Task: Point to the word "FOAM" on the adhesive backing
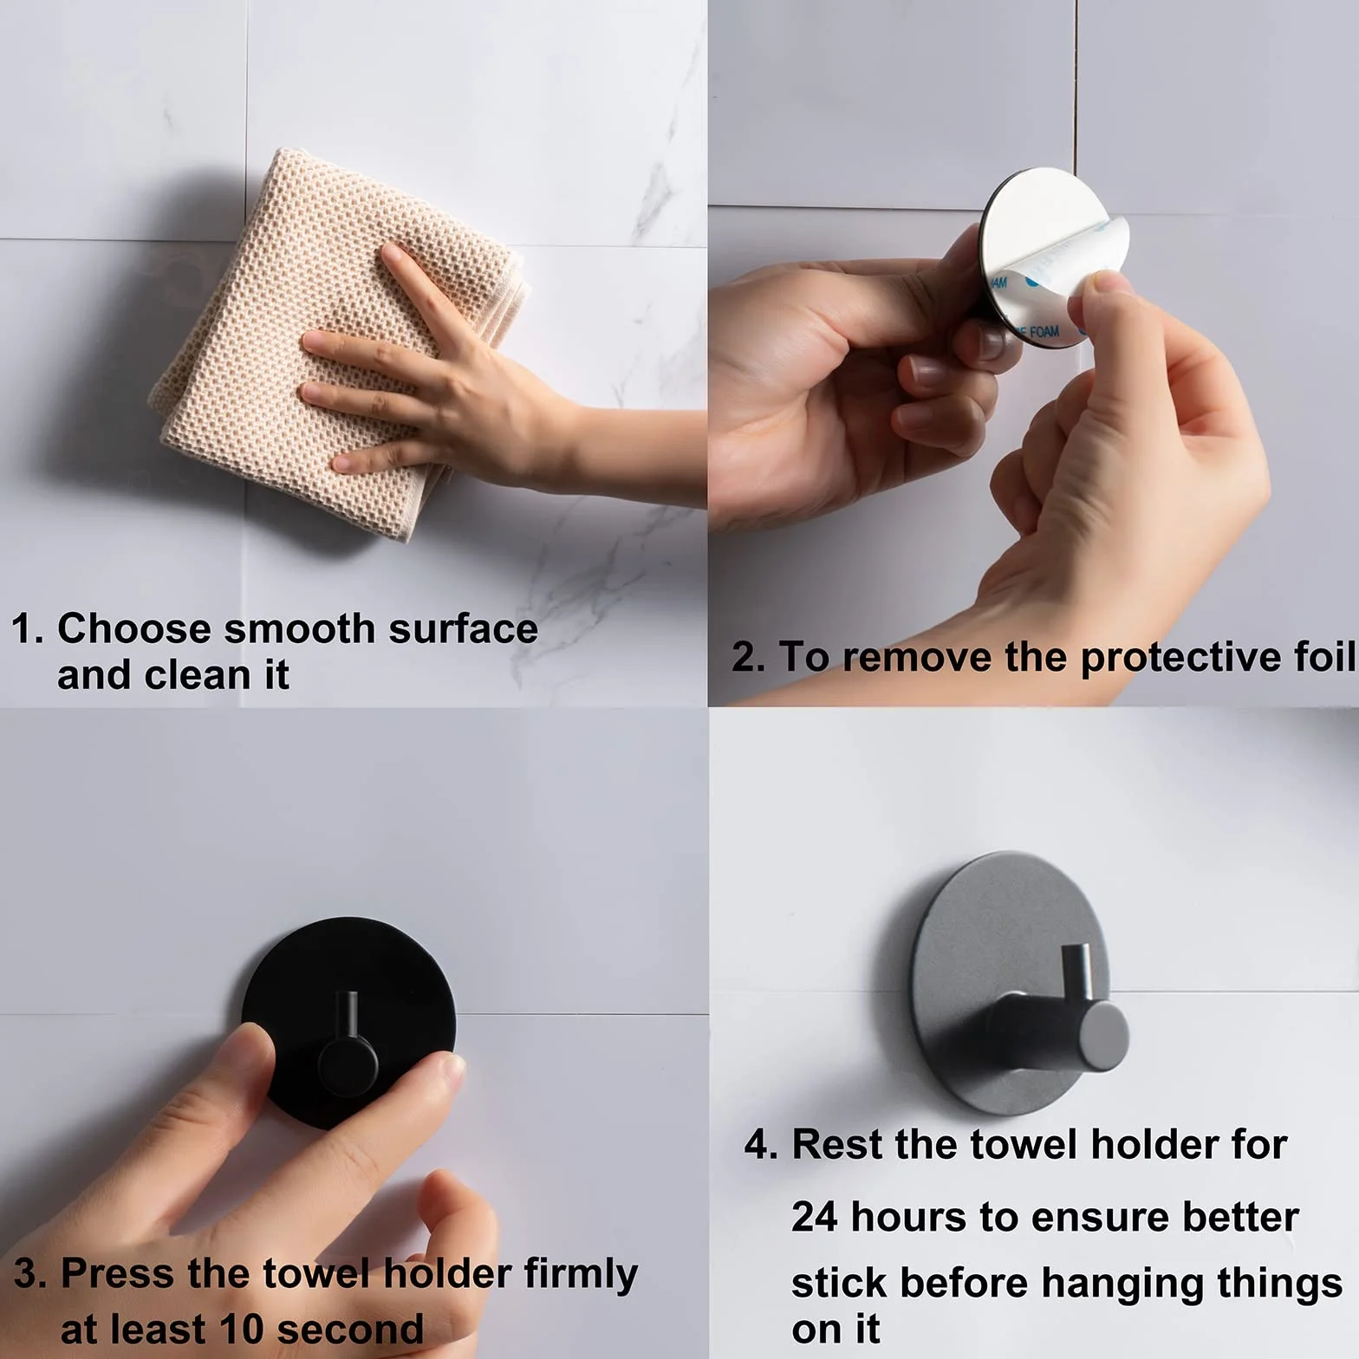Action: point(1040,331)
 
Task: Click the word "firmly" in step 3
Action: point(581,1275)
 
